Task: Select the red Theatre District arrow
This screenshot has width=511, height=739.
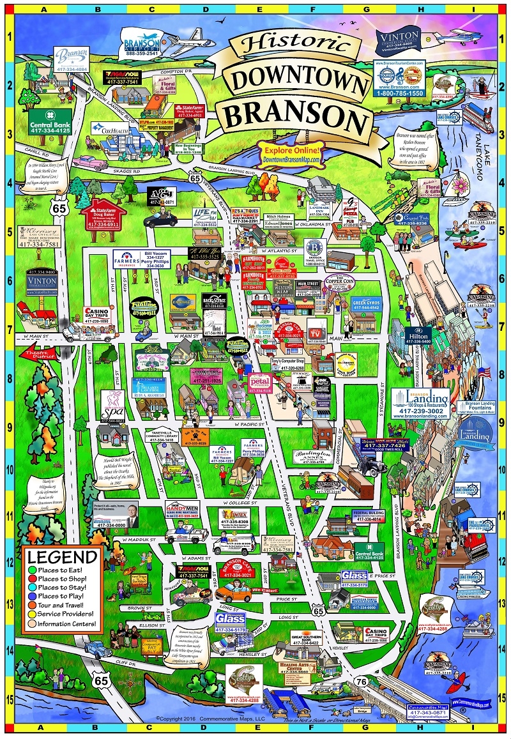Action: (x=40, y=352)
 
